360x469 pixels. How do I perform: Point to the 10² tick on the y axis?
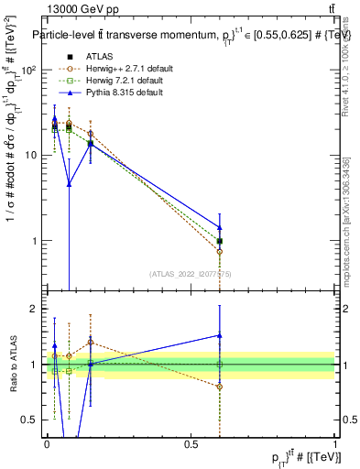(x=31, y=70)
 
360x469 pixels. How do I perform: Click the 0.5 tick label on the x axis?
(x=191, y=443)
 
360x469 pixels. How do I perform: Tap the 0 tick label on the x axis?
(x=48, y=443)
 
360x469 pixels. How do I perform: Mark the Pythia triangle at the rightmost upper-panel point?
(x=220, y=227)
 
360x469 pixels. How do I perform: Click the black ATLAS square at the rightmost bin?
(x=220, y=241)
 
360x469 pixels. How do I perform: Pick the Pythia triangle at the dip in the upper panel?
(x=69, y=183)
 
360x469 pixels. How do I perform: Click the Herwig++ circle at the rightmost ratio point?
(x=220, y=387)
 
